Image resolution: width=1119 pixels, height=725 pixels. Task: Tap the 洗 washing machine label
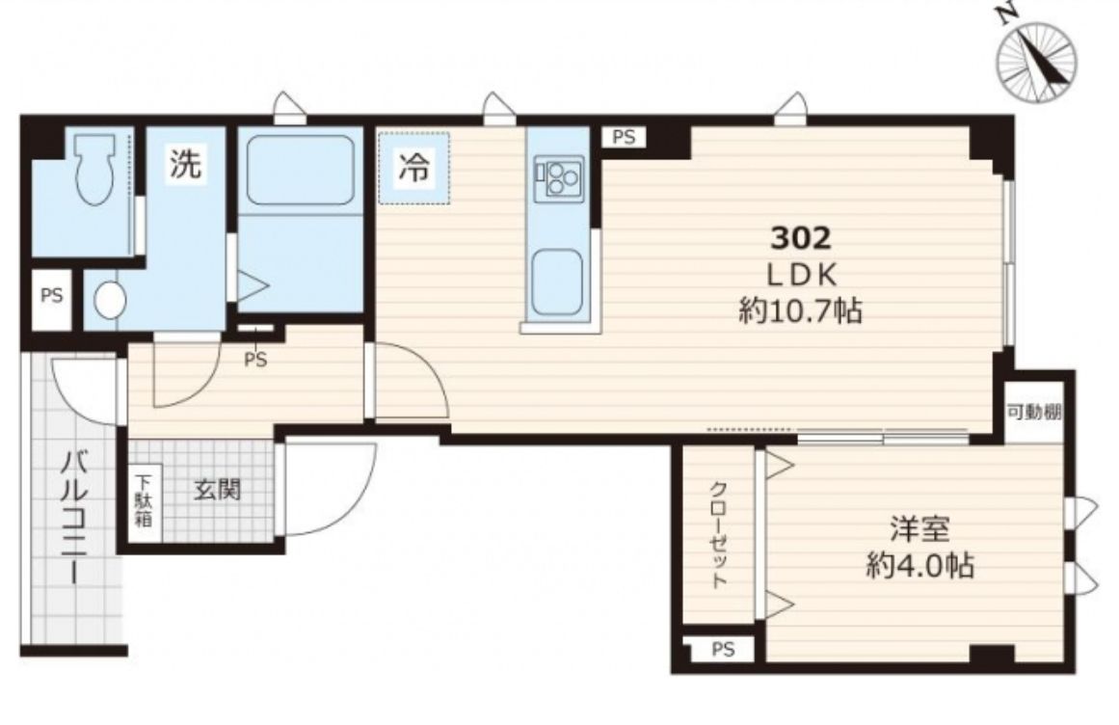click(x=186, y=163)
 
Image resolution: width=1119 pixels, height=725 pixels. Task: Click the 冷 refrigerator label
click(x=413, y=169)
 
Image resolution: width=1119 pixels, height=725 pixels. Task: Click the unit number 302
click(x=801, y=238)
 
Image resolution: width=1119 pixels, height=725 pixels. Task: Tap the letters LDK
click(x=801, y=275)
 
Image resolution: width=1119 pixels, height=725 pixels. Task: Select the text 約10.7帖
click(x=801, y=311)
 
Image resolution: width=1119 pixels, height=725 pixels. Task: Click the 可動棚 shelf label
click(x=1034, y=412)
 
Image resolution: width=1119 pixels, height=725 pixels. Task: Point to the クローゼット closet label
click(x=718, y=535)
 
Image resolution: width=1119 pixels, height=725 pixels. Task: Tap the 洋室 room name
click(x=919, y=529)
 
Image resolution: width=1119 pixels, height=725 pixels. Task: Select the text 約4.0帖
click(x=919, y=566)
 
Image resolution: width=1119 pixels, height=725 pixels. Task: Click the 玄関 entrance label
click(x=218, y=490)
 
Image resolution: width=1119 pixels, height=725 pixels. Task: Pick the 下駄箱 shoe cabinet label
click(x=145, y=499)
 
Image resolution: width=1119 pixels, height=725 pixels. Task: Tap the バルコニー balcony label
click(x=73, y=517)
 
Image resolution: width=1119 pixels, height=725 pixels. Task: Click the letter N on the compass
click(x=1007, y=15)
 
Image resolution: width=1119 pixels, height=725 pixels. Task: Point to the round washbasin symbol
click(x=110, y=301)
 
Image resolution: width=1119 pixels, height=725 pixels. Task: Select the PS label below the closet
click(x=723, y=650)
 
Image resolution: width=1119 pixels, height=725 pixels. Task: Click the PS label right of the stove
click(x=624, y=137)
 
